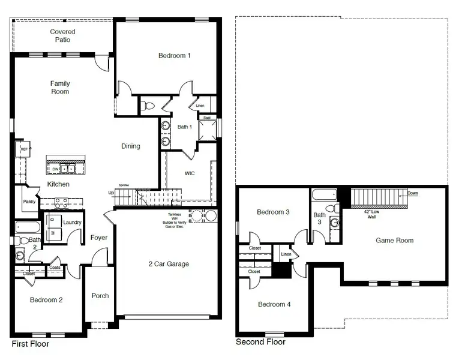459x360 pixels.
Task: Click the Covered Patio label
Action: point(62,36)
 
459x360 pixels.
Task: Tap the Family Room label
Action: point(60,88)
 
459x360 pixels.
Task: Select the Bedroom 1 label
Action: point(175,56)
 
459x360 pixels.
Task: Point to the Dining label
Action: point(131,146)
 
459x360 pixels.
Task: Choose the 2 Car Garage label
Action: point(169,264)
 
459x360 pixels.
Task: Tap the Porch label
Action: point(100,296)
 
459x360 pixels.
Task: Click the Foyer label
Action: point(99,238)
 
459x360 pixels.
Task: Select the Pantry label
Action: point(29,202)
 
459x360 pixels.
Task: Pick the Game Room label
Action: point(394,241)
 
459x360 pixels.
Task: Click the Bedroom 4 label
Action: point(274,304)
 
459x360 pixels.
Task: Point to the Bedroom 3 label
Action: point(274,212)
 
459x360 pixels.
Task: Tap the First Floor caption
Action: point(31,344)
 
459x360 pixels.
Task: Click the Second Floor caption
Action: point(260,342)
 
